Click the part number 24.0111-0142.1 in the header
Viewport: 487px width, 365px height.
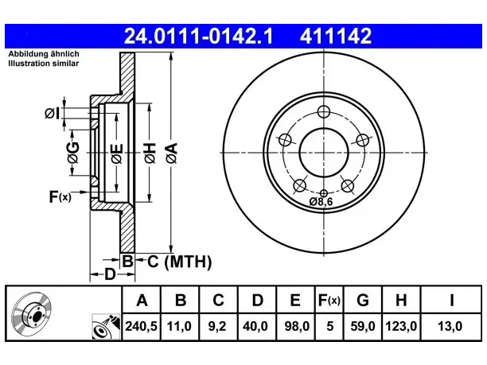(198, 36)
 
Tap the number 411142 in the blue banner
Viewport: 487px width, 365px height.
(336, 36)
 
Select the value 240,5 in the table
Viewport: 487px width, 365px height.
(142, 326)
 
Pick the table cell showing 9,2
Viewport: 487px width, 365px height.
(216, 326)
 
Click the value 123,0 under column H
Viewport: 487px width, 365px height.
(401, 326)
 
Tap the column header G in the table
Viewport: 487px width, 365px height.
(363, 300)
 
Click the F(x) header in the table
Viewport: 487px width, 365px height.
(329, 300)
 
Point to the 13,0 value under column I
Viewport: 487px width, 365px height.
(450, 326)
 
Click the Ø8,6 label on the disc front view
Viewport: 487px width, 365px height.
(321, 202)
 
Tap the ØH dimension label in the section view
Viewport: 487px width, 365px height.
(150, 153)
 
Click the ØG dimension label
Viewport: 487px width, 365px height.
(73, 153)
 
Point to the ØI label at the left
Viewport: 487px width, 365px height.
(52, 113)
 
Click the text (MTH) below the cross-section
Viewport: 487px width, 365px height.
(188, 262)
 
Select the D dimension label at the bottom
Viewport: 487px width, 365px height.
(110, 274)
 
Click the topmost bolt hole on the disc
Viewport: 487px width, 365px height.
(324, 111)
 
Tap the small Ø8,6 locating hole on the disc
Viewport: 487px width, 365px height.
(324, 192)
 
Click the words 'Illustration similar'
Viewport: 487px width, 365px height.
(44, 64)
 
